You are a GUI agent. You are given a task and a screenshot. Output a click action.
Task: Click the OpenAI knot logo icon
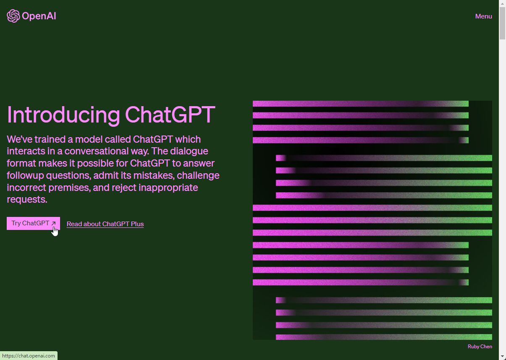[x=13, y=16]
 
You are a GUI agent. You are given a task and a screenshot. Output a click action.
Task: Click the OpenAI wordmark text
[x=39, y=16]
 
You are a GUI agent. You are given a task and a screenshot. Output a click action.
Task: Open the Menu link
[x=483, y=16]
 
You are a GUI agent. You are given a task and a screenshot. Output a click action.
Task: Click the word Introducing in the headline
[x=63, y=115]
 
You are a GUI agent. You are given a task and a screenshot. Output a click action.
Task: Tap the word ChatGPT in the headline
[x=170, y=115]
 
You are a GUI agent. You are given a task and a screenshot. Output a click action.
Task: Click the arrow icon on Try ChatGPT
[x=53, y=223]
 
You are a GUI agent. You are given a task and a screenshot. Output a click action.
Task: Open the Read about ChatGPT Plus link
[x=105, y=224]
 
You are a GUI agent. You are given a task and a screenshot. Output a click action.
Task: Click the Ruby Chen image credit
[x=480, y=347]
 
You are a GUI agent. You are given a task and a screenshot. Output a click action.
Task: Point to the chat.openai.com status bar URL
[x=29, y=356]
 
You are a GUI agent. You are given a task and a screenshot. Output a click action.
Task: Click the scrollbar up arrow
[x=502, y=4]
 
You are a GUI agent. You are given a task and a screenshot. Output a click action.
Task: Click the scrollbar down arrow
[x=502, y=356]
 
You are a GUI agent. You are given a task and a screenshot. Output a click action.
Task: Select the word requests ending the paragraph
[x=27, y=200]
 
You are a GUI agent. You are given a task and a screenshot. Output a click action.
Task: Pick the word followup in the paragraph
[x=25, y=176]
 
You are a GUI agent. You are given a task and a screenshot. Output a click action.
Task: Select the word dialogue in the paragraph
[x=189, y=151]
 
